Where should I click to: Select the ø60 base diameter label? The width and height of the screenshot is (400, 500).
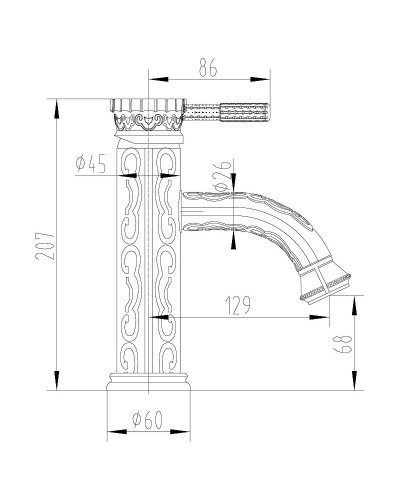coord(148,422)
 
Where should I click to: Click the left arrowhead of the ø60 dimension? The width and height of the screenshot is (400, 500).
coord(110,433)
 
